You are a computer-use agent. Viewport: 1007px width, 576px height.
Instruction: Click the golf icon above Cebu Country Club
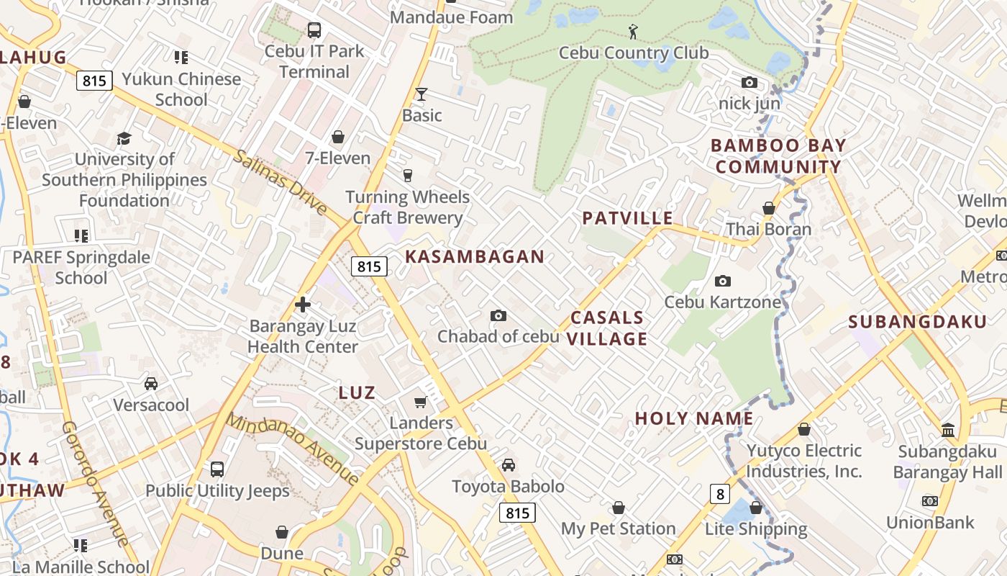coord(633,31)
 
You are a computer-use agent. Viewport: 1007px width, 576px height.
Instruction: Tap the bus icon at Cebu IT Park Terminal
coord(314,30)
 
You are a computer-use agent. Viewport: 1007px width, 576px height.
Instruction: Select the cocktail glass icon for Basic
coord(422,94)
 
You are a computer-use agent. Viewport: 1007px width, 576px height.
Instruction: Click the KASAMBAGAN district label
coord(475,257)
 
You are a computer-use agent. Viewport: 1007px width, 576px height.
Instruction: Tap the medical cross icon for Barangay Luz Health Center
coord(303,305)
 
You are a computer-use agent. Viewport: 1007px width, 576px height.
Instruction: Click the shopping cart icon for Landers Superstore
coord(421,402)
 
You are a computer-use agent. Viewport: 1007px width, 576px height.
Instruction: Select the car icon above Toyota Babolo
coord(509,465)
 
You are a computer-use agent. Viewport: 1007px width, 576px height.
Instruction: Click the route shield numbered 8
coord(719,494)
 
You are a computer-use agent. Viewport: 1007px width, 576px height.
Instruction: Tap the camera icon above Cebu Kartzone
coord(723,281)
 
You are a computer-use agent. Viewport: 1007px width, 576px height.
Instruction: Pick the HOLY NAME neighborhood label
coord(694,418)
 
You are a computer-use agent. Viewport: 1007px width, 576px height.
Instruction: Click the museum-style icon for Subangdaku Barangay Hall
coord(948,431)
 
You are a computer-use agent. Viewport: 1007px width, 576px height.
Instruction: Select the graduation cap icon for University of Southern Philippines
coord(124,138)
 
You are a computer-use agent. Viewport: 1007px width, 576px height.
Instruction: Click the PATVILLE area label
coord(627,218)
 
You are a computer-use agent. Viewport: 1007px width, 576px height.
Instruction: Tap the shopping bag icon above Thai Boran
coord(769,208)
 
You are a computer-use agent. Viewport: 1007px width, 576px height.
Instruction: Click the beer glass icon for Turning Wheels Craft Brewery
coord(408,176)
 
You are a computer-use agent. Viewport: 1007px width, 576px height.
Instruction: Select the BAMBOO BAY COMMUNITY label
coord(778,156)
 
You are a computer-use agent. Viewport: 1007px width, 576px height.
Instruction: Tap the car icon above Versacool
coord(151,384)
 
